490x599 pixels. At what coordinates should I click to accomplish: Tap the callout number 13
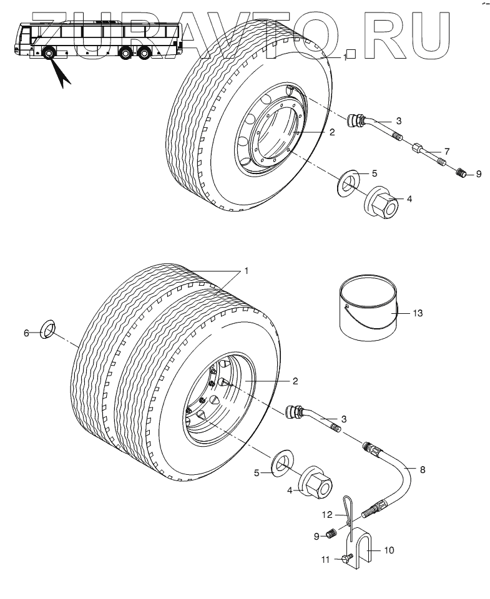(x=418, y=313)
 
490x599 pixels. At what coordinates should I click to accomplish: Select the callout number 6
(x=26, y=333)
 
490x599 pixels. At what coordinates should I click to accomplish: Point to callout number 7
(x=446, y=152)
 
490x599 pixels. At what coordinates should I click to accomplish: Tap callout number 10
(x=389, y=550)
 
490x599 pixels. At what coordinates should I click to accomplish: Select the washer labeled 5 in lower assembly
(x=282, y=465)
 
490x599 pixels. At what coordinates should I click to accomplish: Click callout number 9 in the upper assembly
(x=478, y=174)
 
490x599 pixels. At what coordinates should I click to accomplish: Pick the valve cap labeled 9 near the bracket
(x=332, y=533)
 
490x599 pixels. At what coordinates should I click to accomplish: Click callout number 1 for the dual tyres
(x=247, y=271)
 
